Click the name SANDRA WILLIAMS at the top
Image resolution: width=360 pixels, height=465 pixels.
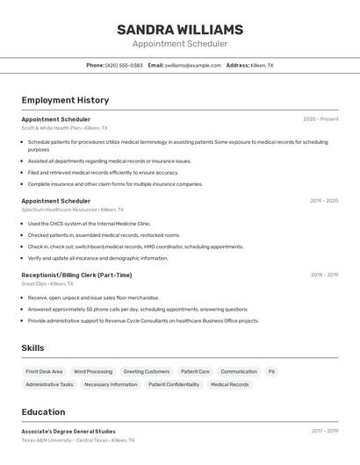pos(179,30)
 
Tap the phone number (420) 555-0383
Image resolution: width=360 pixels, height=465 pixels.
pos(124,65)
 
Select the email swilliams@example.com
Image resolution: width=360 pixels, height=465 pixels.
pos(192,65)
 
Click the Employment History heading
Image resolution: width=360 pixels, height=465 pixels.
pos(65,100)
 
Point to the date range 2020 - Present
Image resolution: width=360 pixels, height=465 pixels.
pos(320,118)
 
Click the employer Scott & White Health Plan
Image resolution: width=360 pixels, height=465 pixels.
pos(51,128)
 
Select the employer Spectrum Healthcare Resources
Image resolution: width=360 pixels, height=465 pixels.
pos(59,210)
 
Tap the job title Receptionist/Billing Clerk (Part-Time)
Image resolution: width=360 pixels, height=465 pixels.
pos(76,275)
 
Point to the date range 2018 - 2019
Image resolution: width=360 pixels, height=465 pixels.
pos(324,275)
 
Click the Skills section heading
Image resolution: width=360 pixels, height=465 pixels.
pos(32,348)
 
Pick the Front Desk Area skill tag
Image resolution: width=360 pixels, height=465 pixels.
pos(44,371)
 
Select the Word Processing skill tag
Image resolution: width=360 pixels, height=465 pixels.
pos(93,371)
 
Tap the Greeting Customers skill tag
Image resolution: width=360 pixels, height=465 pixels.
pos(147,371)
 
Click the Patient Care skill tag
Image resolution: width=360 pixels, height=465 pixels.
pos(195,371)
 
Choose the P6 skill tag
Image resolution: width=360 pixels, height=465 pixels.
pos(271,371)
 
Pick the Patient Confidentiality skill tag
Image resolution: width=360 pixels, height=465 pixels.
pos(174,384)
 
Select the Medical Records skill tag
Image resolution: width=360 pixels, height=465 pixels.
pos(229,384)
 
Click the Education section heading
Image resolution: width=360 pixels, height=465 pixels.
pos(42,411)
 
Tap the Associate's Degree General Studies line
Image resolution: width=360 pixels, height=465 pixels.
pos(68,431)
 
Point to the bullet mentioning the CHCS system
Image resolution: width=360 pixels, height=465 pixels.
pos(89,224)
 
